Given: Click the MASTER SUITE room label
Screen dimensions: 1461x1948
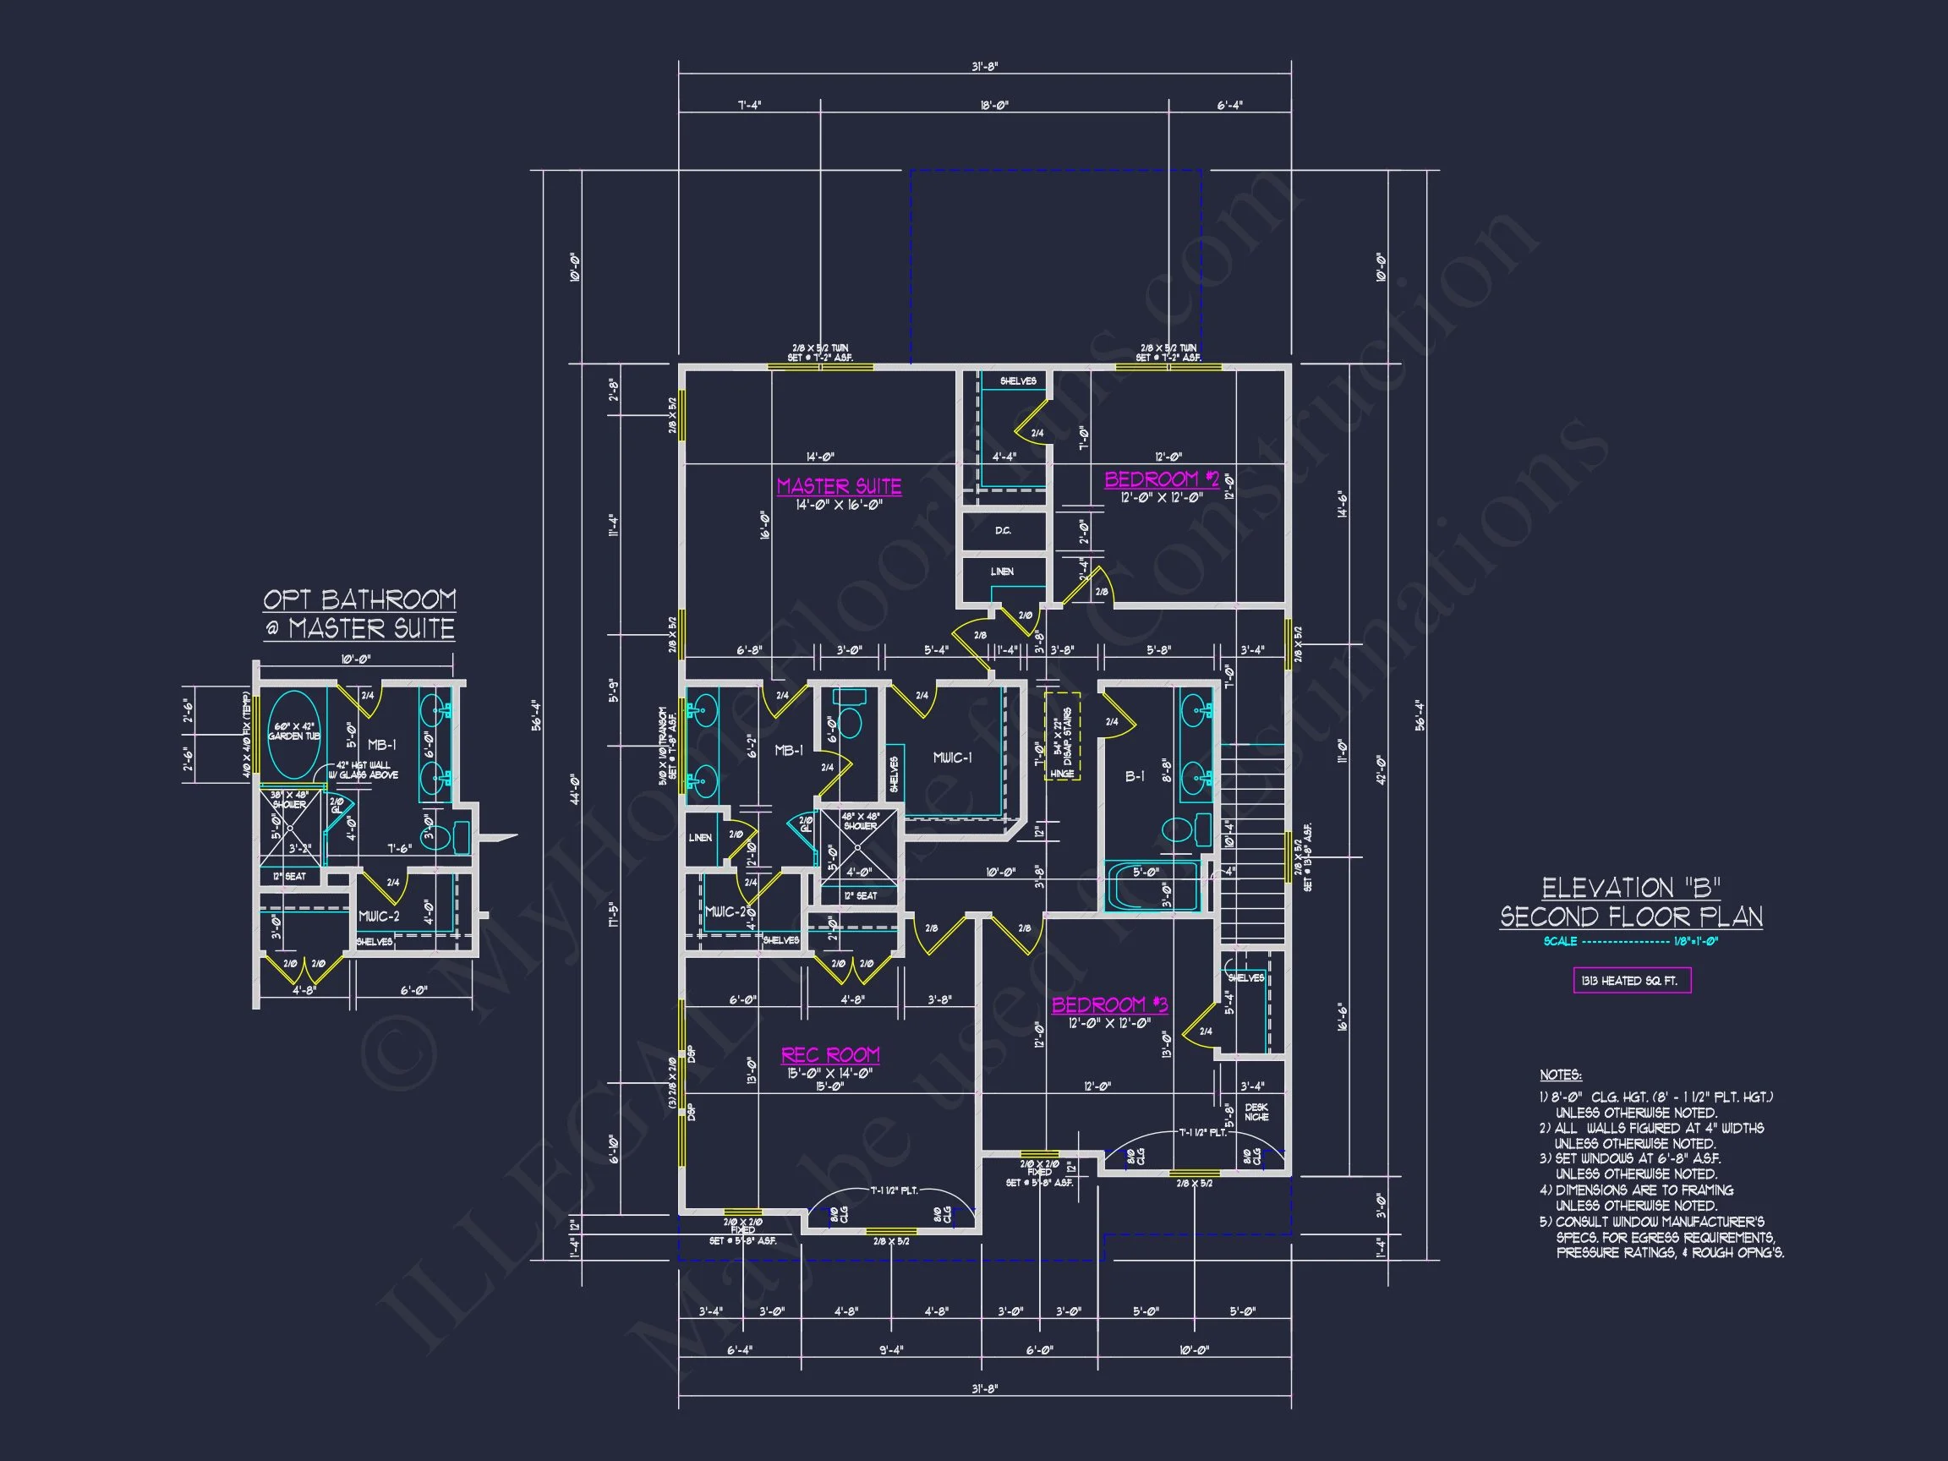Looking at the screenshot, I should pyautogui.click(x=839, y=486).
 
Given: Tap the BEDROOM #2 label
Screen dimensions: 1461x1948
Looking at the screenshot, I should pyautogui.click(x=1162, y=479).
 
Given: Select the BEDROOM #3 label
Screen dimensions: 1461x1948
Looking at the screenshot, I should pyautogui.click(x=1109, y=1004).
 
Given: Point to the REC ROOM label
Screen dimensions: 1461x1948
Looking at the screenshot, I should pyautogui.click(x=829, y=1054).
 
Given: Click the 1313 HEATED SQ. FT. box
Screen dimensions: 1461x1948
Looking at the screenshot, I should pyautogui.click(x=1631, y=980).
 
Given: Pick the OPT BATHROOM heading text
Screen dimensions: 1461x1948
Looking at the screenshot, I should pyautogui.click(x=359, y=600).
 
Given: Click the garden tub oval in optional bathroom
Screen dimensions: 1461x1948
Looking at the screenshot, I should pyautogui.click(x=293, y=735).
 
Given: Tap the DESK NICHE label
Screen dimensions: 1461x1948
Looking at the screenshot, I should pyautogui.click(x=1256, y=1111).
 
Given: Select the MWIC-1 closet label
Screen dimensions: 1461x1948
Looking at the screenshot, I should pyautogui.click(x=952, y=758).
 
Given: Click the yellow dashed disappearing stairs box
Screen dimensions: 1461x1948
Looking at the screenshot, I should pyautogui.click(x=1062, y=736).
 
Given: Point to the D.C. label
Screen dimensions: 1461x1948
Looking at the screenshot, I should pyautogui.click(x=1003, y=531).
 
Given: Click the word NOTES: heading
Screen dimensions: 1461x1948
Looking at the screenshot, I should pyautogui.click(x=1560, y=1075).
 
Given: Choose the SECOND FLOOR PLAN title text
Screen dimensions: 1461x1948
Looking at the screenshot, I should pyautogui.click(x=1631, y=917).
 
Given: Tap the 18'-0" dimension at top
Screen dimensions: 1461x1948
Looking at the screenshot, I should pyautogui.click(x=994, y=106).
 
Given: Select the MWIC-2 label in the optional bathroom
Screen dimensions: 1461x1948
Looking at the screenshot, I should pyautogui.click(x=378, y=916).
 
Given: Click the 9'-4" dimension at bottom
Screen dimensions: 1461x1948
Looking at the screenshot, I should pyautogui.click(x=890, y=1350).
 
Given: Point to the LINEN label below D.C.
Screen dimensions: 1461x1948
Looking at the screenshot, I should pyautogui.click(x=1002, y=572).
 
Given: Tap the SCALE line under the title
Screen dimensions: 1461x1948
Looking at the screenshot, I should pyautogui.click(x=1630, y=941).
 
